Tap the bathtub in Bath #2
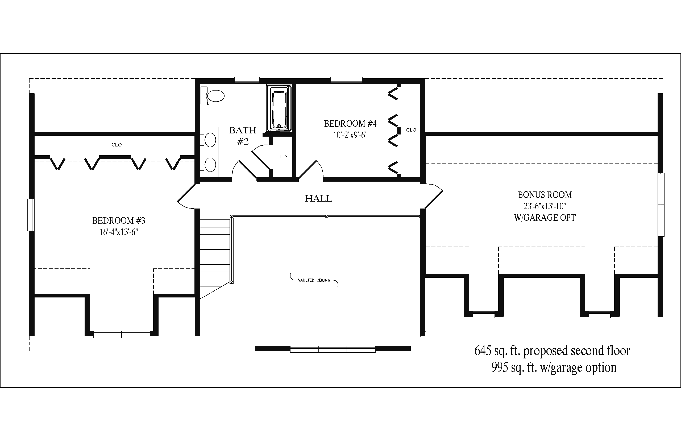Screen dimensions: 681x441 pos(279,109)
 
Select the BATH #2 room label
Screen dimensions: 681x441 pos(243,136)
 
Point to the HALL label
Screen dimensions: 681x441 pos(319,198)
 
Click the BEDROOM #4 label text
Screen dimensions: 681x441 pos(350,124)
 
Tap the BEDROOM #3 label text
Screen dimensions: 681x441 pos(119,220)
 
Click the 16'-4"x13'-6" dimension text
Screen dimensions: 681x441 pos(119,232)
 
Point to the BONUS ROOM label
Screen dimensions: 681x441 pos(545,195)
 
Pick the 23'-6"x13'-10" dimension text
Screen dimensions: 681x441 pos(545,206)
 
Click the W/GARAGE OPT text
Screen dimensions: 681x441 pos(545,218)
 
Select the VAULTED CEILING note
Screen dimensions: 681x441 pos(314,280)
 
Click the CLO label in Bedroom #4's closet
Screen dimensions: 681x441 pos(411,130)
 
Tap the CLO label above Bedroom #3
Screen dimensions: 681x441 pos(117,145)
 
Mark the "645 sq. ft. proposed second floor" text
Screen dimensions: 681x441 pos(552,350)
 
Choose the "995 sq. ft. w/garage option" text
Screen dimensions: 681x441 pos(554,367)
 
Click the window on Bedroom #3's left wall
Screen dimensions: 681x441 pos(31,215)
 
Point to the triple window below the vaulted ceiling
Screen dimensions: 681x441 pos(333,349)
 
